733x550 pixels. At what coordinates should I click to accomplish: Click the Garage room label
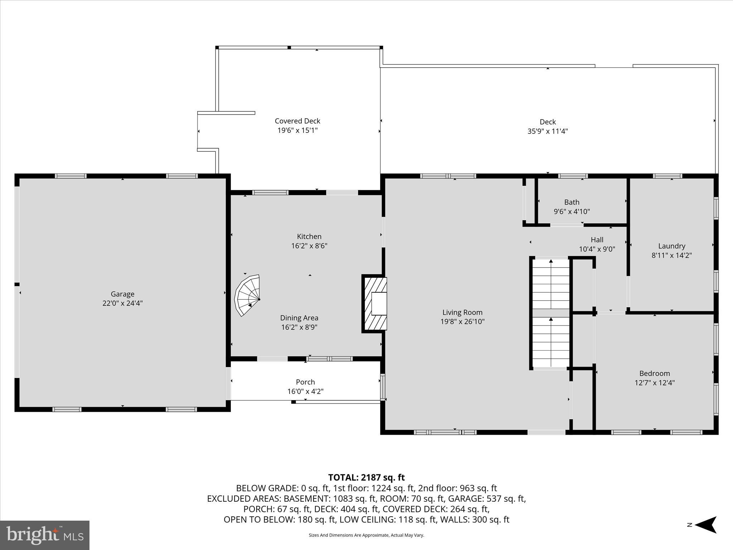click(x=122, y=294)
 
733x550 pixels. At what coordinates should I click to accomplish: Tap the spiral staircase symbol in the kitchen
click(x=248, y=295)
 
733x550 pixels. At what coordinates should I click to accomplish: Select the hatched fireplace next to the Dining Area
click(x=375, y=304)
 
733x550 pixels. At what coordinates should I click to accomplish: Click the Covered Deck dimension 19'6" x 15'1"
click(x=297, y=130)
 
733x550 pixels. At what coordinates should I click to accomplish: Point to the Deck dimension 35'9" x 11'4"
click(x=548, y=131)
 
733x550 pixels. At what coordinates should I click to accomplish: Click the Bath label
click(x=572, y=202)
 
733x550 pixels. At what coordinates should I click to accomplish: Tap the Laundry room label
click(x=671, y=246)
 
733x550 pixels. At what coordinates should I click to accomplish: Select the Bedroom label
click(x=655, y=373)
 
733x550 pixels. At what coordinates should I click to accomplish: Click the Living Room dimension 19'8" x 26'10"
click(x=462, y=322)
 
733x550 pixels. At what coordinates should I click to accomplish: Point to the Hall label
click(x=597, y=240)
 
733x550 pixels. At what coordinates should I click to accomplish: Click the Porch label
click(x=305, y=382)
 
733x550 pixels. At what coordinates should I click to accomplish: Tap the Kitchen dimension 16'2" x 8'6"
click(x=309, y=246)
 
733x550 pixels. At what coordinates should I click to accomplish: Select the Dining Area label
click(x=299, y=318)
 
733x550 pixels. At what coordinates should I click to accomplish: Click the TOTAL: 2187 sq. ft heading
click(x=366, y=478)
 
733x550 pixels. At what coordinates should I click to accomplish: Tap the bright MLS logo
click(x=45, y=535)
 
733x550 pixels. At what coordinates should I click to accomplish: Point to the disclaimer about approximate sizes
click(x=366, y=535)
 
